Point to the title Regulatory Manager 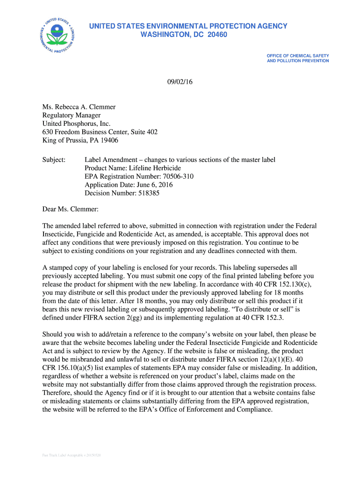click(72, 115)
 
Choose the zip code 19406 click(108, 140)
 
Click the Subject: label click(54, 160)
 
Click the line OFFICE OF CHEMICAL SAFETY click(298, 56)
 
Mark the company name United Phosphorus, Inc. click(76, 123)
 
